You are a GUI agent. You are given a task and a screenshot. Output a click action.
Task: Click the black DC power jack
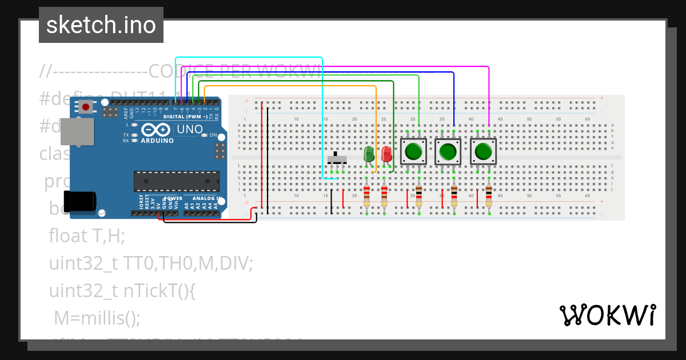pyautogui.click(x=78, y=201)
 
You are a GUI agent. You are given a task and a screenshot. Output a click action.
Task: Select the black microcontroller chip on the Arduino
pyautogui.click(x=176, y=181)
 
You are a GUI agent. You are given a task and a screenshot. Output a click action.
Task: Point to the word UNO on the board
pyautogui.click(x=190, y=130)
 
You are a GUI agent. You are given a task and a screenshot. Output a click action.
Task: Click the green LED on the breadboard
pyautogui.click(x=369, y=154)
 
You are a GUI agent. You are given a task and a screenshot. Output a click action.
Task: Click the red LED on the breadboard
pyautogui.click(x=386, y=154)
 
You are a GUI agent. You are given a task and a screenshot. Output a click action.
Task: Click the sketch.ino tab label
pyautogui.click(x=101, y=25)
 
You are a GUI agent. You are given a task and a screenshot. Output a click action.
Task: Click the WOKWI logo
pyautogui.click(x=607, y=315)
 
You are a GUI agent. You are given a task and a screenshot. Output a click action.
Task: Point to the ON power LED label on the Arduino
pyautogui.click(x=213, y=135)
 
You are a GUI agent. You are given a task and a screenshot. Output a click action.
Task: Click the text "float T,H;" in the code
pyautogui.click(x=87, y=235)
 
